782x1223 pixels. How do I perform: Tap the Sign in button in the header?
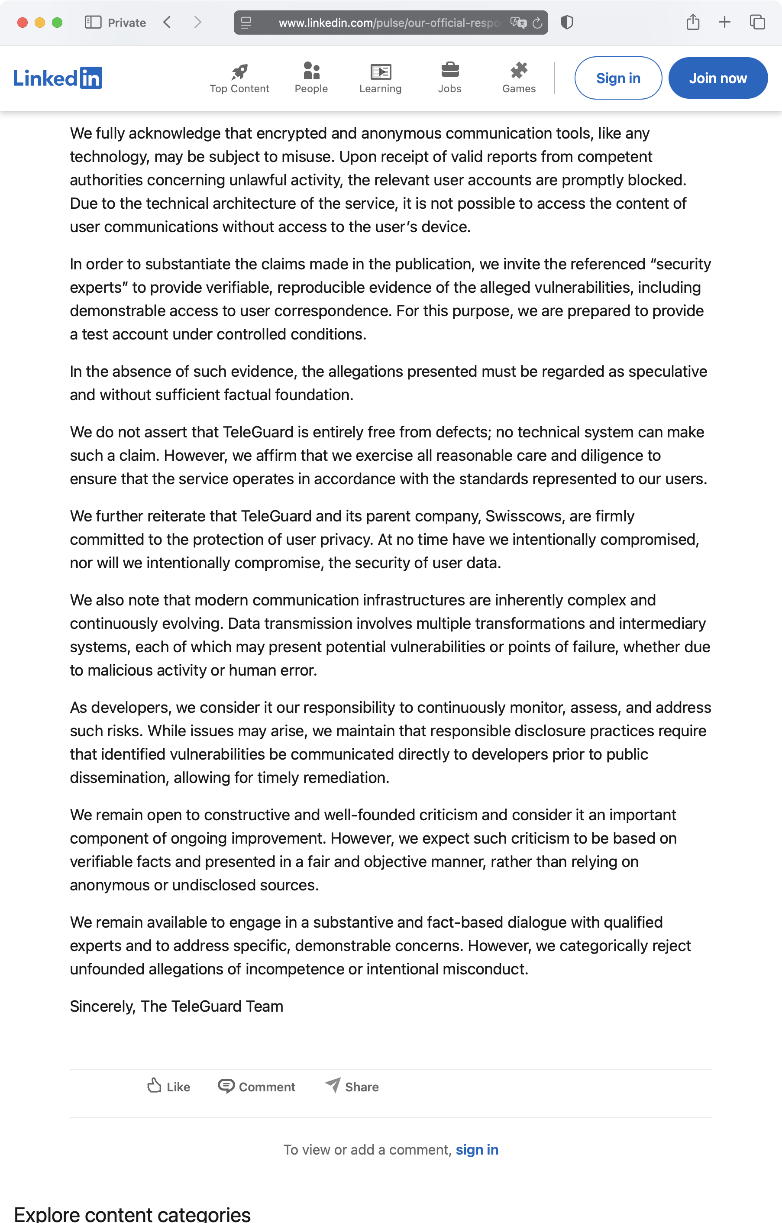pos(617,78)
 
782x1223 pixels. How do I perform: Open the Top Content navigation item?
pos(239,78)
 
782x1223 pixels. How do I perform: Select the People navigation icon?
pos(311,71)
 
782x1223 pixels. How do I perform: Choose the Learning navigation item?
pos(380,78)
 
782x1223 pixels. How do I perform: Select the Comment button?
pos(256,1087)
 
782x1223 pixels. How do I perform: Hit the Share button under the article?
pos(352,1087)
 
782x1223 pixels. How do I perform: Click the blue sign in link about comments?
pos(477,1149)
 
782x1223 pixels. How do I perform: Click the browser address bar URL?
pos(388,23)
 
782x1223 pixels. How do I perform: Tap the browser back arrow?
pos(167,23)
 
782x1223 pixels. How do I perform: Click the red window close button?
pos(23,23)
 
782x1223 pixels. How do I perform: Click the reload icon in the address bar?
pos(537,23)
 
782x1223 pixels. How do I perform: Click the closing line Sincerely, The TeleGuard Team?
pos(176,1006)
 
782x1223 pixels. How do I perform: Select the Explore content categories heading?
pos(132,1214)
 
